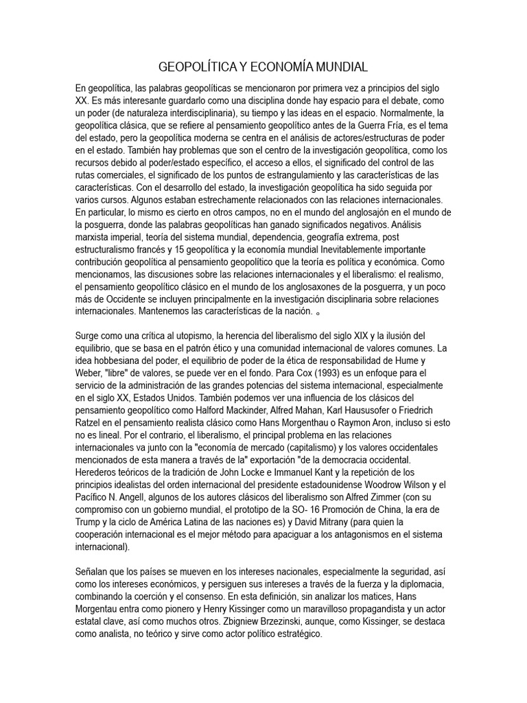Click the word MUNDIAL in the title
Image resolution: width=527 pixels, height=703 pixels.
click(x=338, y=67)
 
